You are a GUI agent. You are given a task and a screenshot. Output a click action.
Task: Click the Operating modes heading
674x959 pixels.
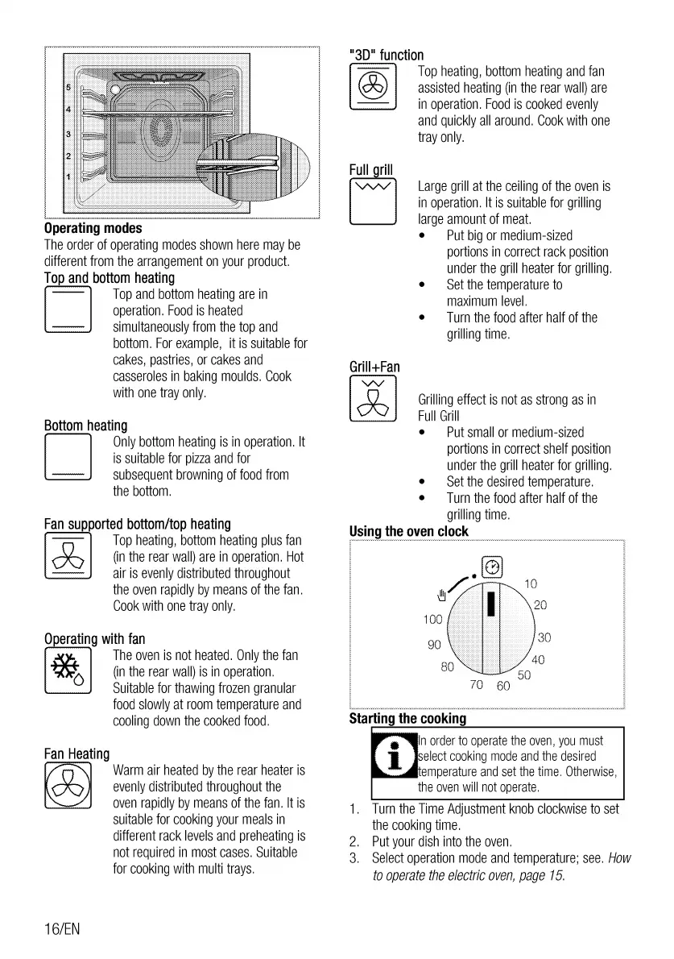coord(93,229)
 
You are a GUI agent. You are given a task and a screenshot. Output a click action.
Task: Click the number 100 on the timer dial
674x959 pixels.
coord(432,620)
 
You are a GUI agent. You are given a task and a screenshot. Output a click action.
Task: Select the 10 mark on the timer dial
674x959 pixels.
coord(531,583)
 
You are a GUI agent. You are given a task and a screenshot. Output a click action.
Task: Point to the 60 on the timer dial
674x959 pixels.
coord(503,687)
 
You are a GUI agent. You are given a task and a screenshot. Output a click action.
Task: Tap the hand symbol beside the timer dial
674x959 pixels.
coord(440,596)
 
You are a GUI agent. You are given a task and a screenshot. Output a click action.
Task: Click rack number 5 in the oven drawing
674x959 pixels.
coord(68,87)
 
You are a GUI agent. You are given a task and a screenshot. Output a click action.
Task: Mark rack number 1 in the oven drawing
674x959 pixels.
coord(68,176)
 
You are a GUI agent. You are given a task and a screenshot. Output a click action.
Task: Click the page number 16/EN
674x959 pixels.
coord(62,928)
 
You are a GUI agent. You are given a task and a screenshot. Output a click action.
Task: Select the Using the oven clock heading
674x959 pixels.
coord(408,532)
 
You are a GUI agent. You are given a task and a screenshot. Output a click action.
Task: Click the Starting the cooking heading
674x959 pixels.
coord(407,718)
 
